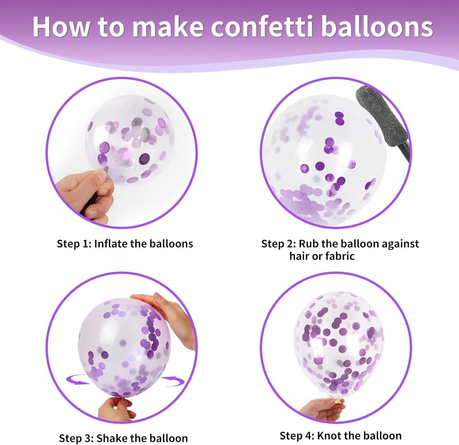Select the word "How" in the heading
point(61,27)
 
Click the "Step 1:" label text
point(74,244)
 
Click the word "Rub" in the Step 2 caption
point(309,244)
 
